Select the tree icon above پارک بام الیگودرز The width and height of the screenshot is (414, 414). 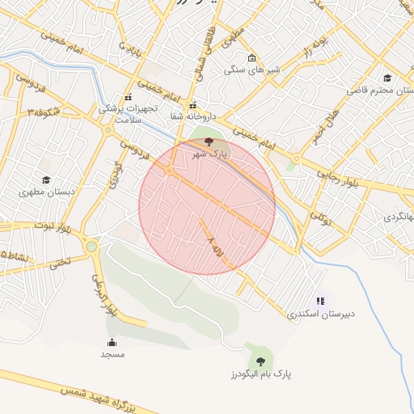260,361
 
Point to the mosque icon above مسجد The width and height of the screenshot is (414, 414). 112,342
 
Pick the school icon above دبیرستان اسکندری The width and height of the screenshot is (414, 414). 320,301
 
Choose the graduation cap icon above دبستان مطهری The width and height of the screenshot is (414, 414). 45,180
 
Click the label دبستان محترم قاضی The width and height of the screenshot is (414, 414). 380,91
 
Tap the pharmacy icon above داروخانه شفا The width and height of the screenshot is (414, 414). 192,105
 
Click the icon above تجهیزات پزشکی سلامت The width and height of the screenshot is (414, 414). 128,95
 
